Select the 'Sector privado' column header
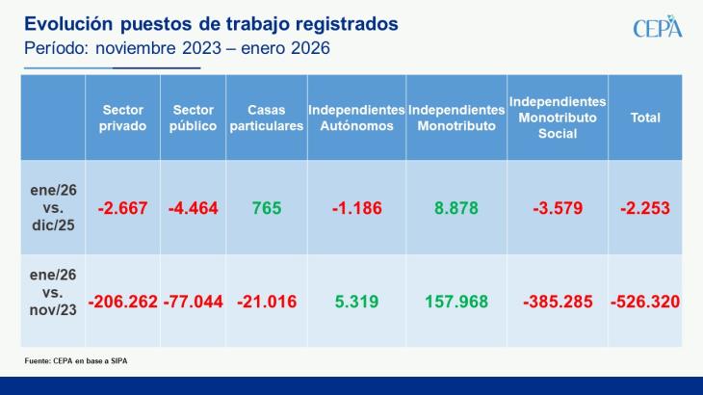pos(122,118)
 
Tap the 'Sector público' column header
pos(194,118)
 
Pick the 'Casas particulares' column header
pos(267,118)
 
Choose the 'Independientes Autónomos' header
pos(356,118)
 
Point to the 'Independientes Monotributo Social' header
pos(558,118)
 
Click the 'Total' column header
pos(644,118)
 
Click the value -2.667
pos(122,207)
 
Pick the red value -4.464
pos(194,207)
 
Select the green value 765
pos(267,207)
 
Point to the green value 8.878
pos(456,207)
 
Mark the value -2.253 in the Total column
pos(644,207)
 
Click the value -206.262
pos(122,302)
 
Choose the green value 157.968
pos(456,302)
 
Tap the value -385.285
pos(558,302)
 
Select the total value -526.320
pos(644,302)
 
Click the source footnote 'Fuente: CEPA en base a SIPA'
pos(76,360)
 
